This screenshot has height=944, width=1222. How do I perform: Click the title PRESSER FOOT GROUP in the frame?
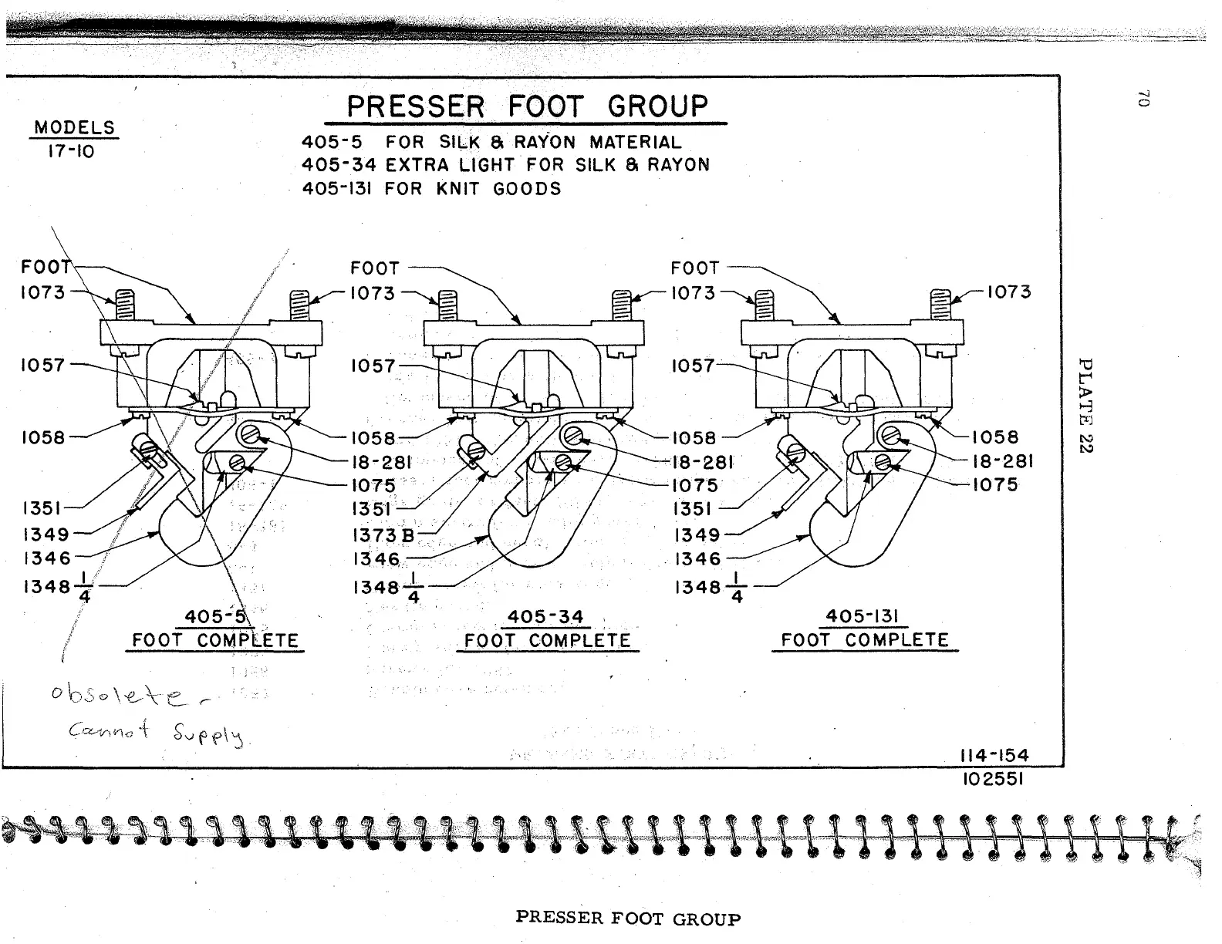click(x=527, y=107)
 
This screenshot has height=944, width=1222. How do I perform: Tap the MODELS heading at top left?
click(x=74, y=128)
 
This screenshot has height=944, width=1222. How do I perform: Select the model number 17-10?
click(x=71, y=151)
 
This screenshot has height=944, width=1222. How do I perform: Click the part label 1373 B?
click(x=383, y=535)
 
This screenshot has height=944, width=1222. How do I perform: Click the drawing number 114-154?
click(x=991, y=756)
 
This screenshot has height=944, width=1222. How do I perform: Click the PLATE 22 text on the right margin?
click(x=1085, y=406)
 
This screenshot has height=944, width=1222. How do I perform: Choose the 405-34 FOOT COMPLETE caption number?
click(x=545, y=617)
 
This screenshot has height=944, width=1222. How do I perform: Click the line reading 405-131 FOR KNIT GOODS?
click(x=431, y=189)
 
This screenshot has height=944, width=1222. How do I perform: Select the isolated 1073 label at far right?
click(x=1008, y=292)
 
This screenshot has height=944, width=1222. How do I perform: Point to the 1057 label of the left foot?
click(x=43, y=365)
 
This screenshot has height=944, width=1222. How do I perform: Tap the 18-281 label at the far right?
click(x=1001, y=461)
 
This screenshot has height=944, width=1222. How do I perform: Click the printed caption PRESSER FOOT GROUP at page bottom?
click(x=628, y=919)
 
